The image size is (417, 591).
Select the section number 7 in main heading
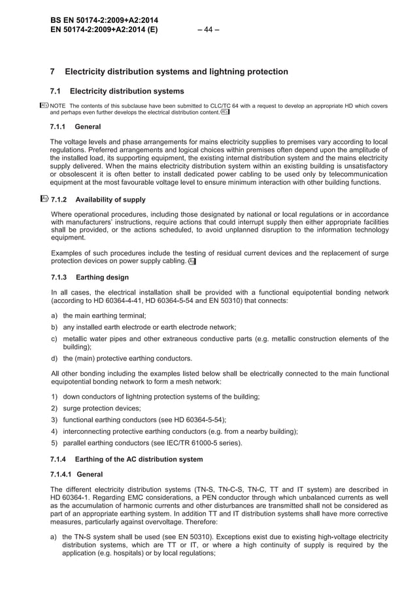[x=53, y=71]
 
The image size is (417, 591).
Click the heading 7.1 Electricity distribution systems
[x=117, y=91]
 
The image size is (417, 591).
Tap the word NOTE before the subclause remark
[x=58, y=105]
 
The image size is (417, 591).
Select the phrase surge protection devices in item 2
[x=101, y=408]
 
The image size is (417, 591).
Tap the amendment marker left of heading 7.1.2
[x=44, y=199]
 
